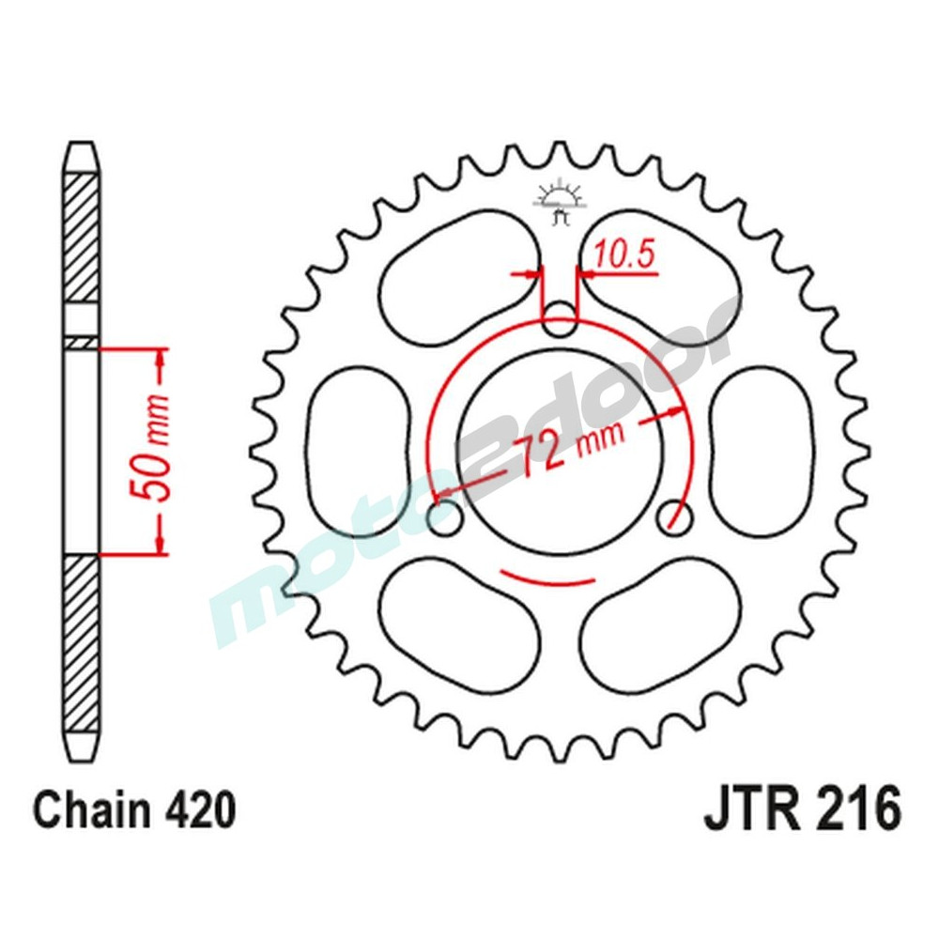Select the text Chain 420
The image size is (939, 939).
pos(134,809)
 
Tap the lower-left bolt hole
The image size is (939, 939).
pos(444,516)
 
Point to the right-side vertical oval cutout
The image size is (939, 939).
pos(761,450)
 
